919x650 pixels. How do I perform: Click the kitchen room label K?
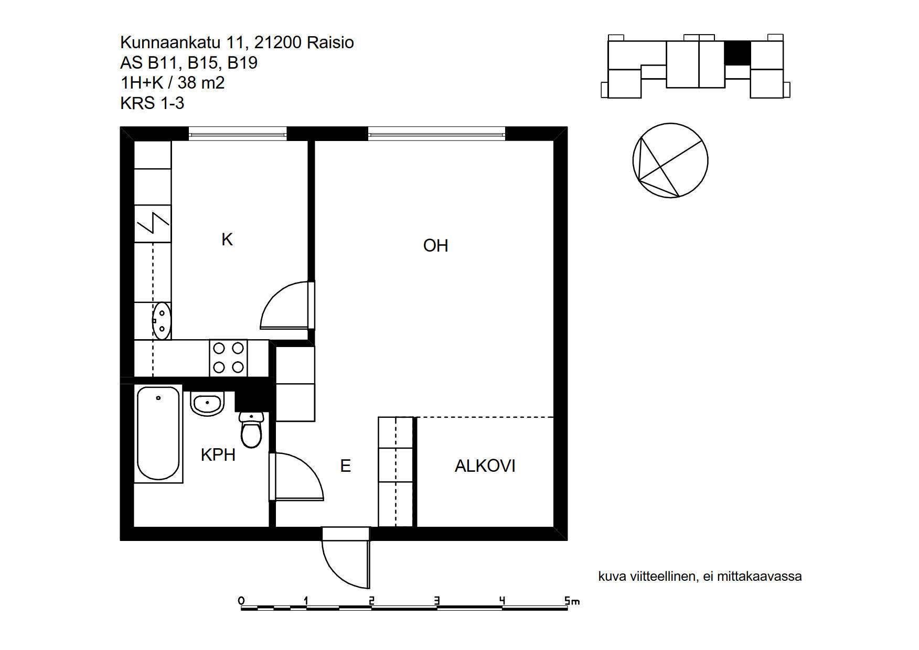click(227, 240)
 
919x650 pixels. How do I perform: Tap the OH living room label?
click(435, 245)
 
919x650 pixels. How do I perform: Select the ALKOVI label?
click(485, 465)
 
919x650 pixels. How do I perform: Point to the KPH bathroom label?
click(218, 454)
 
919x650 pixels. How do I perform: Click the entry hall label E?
click(345, 465)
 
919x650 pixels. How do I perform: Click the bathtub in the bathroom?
click(158, 434)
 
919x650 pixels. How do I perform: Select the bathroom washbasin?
click(207, 403)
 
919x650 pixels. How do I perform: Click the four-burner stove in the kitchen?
click(228, 358)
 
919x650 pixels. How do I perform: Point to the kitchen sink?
click(162, 320)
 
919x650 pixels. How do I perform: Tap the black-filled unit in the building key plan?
click(738, 53)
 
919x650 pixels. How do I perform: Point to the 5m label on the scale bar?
click(572, 601)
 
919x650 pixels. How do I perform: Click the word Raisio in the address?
click(330, 42)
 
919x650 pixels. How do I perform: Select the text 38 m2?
click(201, 83)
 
